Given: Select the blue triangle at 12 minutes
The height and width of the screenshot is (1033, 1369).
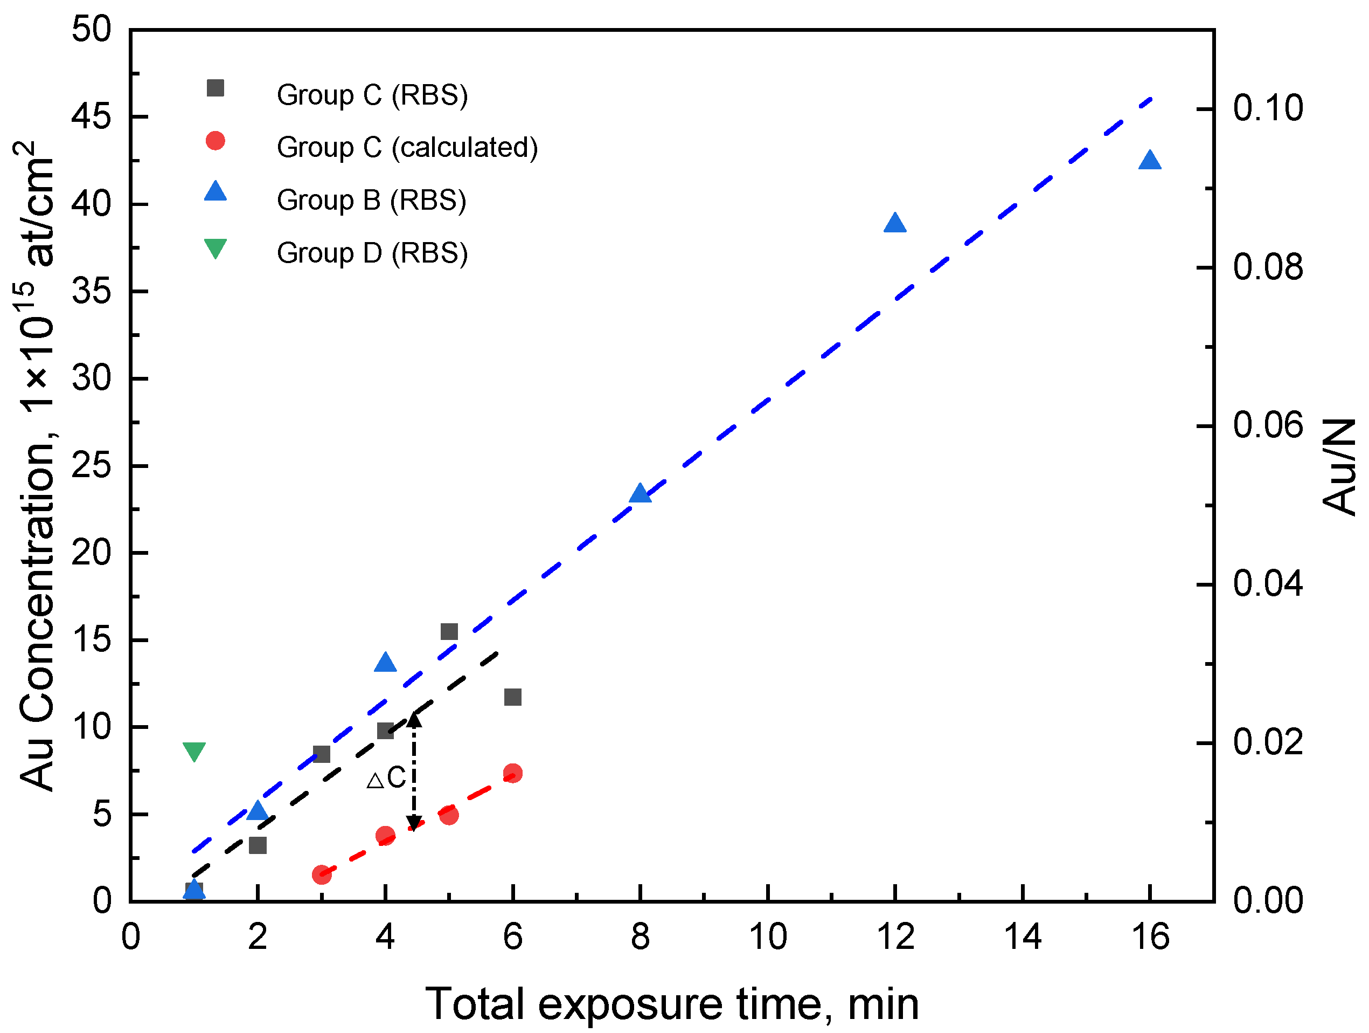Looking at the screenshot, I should [x=894, y=224].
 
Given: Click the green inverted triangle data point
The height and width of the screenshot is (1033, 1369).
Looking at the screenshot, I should [x=194, y=750].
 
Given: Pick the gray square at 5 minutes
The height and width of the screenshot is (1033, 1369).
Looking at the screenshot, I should [x=449, y=632].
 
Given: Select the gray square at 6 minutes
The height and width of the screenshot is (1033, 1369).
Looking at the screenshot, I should [x=512, y=697].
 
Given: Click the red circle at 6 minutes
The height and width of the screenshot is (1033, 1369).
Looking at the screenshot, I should [x=512, y=773].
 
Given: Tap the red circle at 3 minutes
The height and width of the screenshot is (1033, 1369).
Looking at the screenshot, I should [x=321, y=875].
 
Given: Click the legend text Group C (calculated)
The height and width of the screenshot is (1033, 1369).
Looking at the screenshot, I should [x=407, y=147].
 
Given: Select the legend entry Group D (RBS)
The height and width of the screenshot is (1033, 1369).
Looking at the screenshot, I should [x=371, y=253].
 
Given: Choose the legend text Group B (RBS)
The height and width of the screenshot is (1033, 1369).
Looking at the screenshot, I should [x=371, y=200].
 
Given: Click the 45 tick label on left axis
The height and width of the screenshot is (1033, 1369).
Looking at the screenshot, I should [x=92, y=116].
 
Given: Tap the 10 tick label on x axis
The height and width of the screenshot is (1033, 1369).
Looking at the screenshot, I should [x=767, y=937].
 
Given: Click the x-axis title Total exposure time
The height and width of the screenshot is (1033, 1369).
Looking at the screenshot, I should [x=671, y=1003].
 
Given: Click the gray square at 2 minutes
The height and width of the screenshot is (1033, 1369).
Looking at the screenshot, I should [x=258, y=845].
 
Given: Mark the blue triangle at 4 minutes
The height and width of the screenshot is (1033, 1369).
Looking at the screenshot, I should [x=385, y=663].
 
